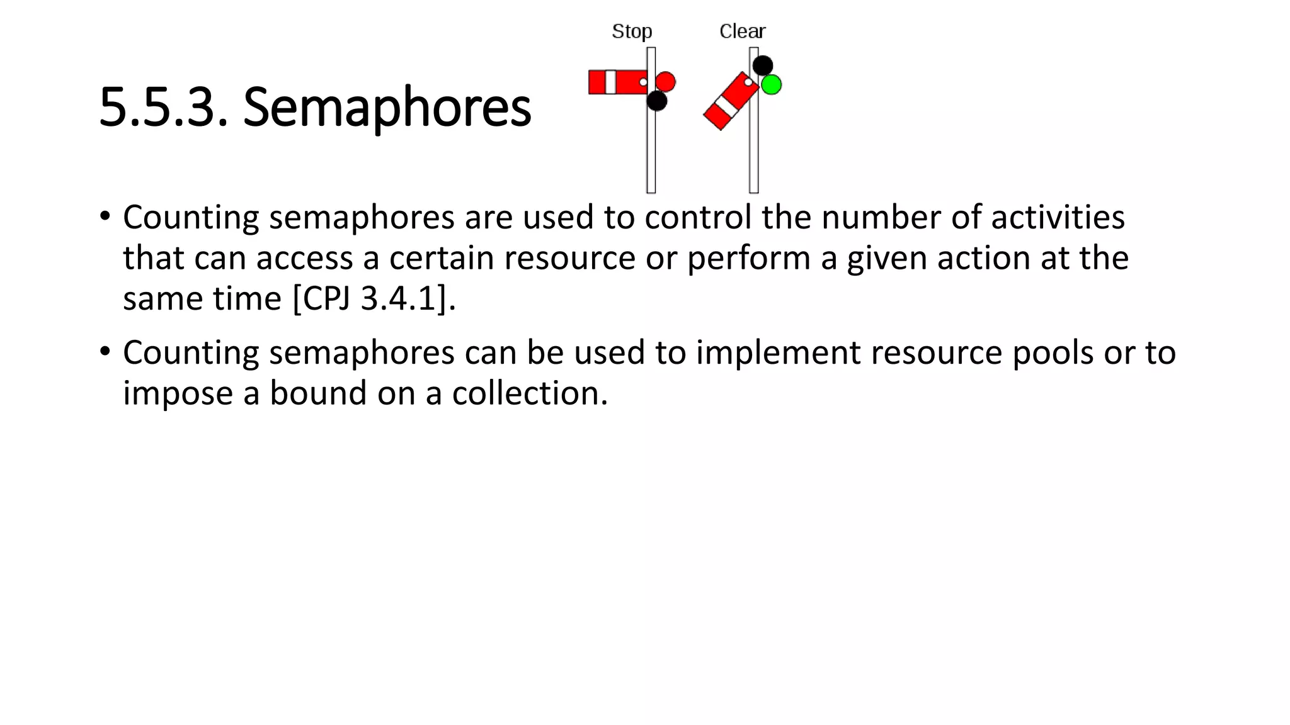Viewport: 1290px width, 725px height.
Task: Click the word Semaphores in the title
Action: pos(387,108)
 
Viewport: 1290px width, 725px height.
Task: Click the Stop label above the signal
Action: pos(632,31)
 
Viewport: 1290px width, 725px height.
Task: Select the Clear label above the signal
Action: pos(742,31)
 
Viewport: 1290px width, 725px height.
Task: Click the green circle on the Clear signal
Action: pos(771,84)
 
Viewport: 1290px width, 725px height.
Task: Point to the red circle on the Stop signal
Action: pos(665,82)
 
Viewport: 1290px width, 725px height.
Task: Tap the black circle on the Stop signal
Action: pos(656,101)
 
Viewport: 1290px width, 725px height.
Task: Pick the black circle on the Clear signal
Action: pos(762,65)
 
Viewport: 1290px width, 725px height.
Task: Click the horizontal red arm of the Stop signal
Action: pos(627,82)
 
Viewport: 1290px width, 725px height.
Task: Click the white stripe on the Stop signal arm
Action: pos(610,82)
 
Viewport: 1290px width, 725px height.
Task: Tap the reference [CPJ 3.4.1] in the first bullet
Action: pos(373,298)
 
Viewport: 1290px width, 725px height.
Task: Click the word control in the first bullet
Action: pos(698,218)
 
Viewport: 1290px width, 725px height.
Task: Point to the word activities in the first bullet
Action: pos(1058,218)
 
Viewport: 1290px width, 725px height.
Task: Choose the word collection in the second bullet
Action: pos(529,393)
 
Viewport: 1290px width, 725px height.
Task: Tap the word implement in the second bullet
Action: pos(778,353)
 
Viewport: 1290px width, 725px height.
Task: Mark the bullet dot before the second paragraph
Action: pos(105,351)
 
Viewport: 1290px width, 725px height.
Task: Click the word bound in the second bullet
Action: pos(318,393)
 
